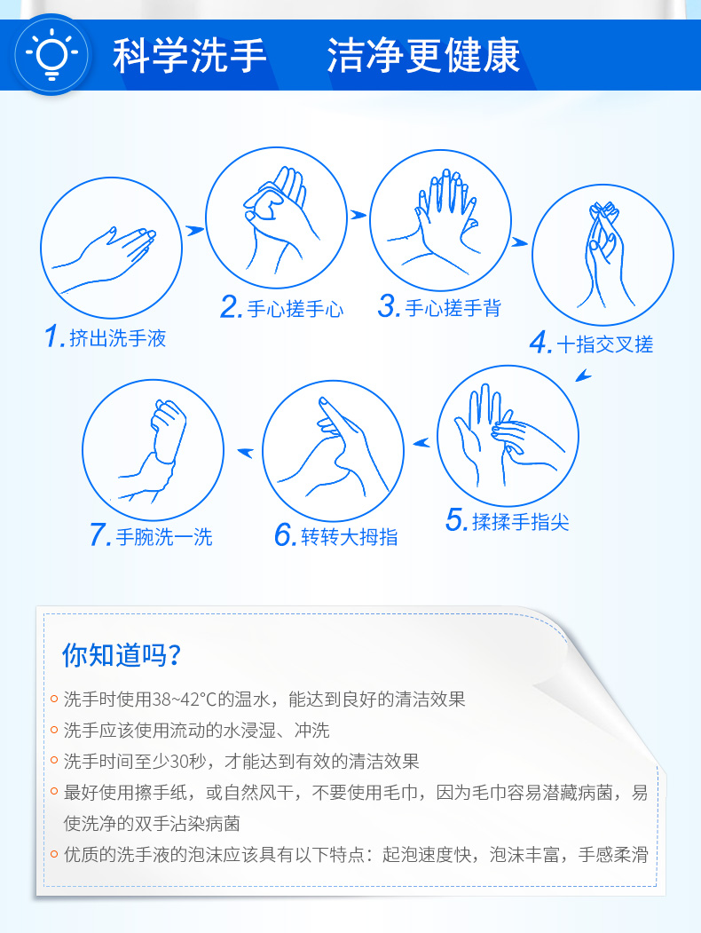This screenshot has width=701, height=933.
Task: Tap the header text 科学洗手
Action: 189,56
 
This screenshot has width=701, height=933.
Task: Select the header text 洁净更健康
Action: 423,56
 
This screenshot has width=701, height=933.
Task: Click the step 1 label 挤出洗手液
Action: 118,338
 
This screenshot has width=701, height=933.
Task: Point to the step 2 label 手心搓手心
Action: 295,309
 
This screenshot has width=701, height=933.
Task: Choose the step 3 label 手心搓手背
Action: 453,308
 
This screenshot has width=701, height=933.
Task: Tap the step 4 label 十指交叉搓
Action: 604,344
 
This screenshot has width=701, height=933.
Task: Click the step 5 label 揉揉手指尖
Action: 521,521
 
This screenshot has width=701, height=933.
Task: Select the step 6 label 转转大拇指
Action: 350,537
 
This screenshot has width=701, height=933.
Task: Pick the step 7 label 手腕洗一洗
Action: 164,537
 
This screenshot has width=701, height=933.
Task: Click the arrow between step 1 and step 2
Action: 194,230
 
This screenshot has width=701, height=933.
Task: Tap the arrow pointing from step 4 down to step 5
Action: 583,376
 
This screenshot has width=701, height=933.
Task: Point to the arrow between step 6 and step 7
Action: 246,453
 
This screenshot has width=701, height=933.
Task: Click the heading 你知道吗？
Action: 122,655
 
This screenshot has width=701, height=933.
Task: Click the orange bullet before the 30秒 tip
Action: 54,761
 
